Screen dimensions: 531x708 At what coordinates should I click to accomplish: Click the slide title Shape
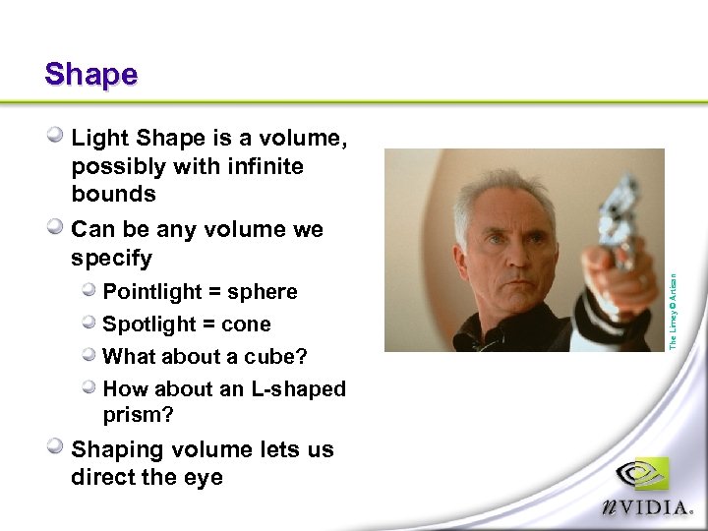coord(90,75)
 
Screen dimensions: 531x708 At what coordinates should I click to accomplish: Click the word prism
coord(135,415)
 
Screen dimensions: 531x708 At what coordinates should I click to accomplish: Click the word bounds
coord(113,194)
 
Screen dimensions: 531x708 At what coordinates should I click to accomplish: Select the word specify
coord(111,259)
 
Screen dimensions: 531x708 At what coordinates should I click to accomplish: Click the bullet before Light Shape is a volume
coord(58,137)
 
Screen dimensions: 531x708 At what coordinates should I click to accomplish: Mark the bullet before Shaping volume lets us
coord(58,447)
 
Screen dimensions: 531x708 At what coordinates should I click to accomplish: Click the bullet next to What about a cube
coord(89,355)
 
